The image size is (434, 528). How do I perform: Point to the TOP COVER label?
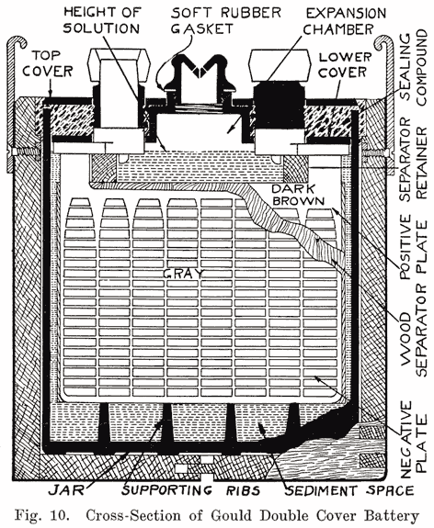[x=41, y=59]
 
